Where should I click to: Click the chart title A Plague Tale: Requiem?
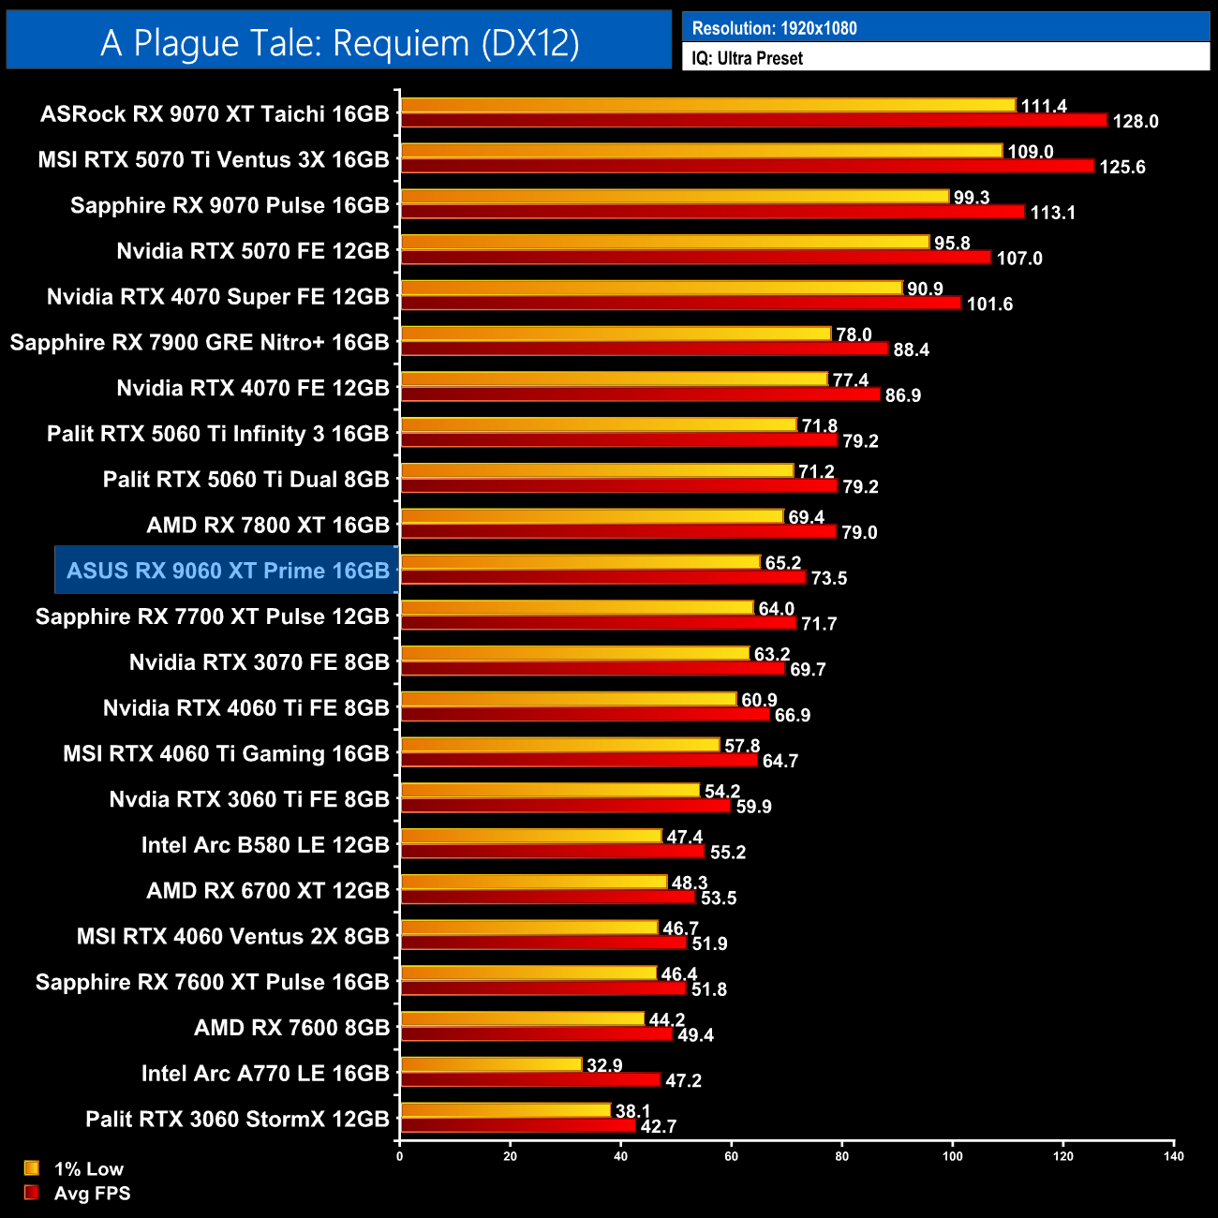(x=339, y=43)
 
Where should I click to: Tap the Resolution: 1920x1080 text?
(x=774, y=28)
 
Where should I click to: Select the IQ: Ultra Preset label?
(x=747, y=58)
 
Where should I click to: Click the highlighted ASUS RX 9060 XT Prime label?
(x=228, y=571)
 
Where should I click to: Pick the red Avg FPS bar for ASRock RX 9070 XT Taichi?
(x=753, y=120)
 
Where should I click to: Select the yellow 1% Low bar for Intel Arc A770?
(x=491, y=1064)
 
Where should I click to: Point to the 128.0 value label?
(x=1136, y=122)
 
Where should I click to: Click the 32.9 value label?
(x=604, y=1065)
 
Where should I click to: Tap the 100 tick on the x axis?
(x=952, y=1156)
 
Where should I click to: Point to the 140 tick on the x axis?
(x=1173, y=1156)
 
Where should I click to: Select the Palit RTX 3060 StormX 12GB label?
(x=237, y=1120)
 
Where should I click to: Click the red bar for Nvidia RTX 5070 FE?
(x=695, y=257)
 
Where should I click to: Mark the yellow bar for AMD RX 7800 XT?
(x=591, y=516)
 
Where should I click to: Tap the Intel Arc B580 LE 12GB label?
(x=265, y=845)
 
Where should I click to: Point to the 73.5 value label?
(x=829, y=578)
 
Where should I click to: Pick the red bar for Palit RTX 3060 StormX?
(x=517, y=1125)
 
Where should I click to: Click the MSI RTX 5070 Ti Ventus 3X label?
(x=214, y=160)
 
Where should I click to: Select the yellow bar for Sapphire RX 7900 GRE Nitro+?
(x=616, y=334)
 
